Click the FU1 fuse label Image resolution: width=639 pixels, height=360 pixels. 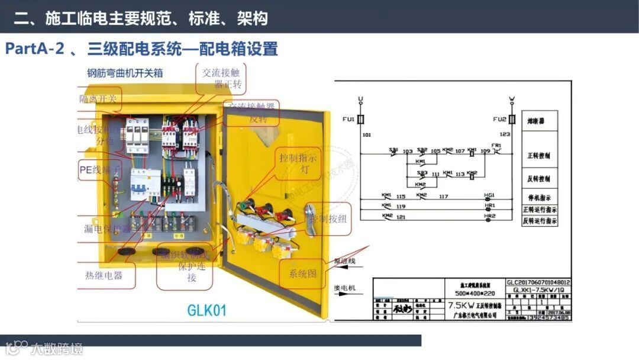pyautogui.click(x=348, y=120)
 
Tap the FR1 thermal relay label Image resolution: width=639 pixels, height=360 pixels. pyautogui.click(x=496, y=145)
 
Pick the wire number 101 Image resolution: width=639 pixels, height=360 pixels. pyautogui.click(x=366, y=136)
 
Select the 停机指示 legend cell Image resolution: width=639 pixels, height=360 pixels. pyautogui.click(x=539, y=197)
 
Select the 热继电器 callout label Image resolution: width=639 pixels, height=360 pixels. pyautogui.click(x=104, y=275)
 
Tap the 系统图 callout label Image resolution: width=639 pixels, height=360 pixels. pyautogui.click(x=303, y=275)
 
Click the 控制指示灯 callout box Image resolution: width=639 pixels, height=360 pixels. pyautogui.click(x=298, y=163)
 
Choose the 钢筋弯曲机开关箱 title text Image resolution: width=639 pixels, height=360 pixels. pyautogui.click(x=125, y=73)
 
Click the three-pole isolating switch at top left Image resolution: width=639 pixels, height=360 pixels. pyautogui.click(x=137, y=136)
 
